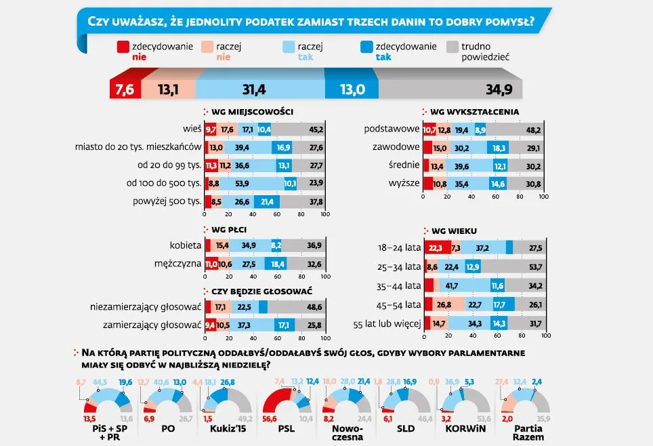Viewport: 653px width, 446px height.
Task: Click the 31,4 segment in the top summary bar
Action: point(260,89)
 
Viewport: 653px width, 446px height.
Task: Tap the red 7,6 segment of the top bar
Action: point(125,89)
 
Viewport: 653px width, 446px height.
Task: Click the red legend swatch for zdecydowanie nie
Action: point(123,47)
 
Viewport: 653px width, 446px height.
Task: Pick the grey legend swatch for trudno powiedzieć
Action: point(453,47)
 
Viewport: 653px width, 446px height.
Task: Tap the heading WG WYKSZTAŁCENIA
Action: point(475,111)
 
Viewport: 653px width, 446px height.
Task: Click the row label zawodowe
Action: point(396,146)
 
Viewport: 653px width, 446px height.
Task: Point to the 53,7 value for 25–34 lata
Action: point(532,266)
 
